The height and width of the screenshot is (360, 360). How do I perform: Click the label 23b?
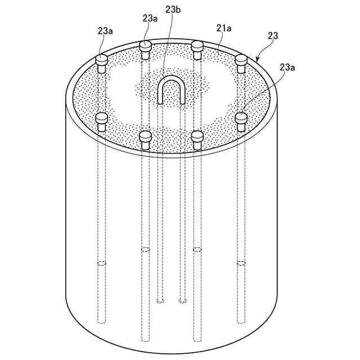click(x=173, y=10)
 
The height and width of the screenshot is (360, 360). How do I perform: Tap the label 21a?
click(x=224, y=28)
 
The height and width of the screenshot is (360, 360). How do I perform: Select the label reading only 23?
click(x=273, y=35)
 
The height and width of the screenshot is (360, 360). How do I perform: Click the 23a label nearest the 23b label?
click(x=150, y=18)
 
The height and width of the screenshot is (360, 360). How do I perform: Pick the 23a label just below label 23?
click(x=287, y=67)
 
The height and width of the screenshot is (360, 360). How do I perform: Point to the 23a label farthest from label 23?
click(x=105, y=31)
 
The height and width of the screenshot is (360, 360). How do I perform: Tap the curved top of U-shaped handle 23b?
click(x=171, y=79)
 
